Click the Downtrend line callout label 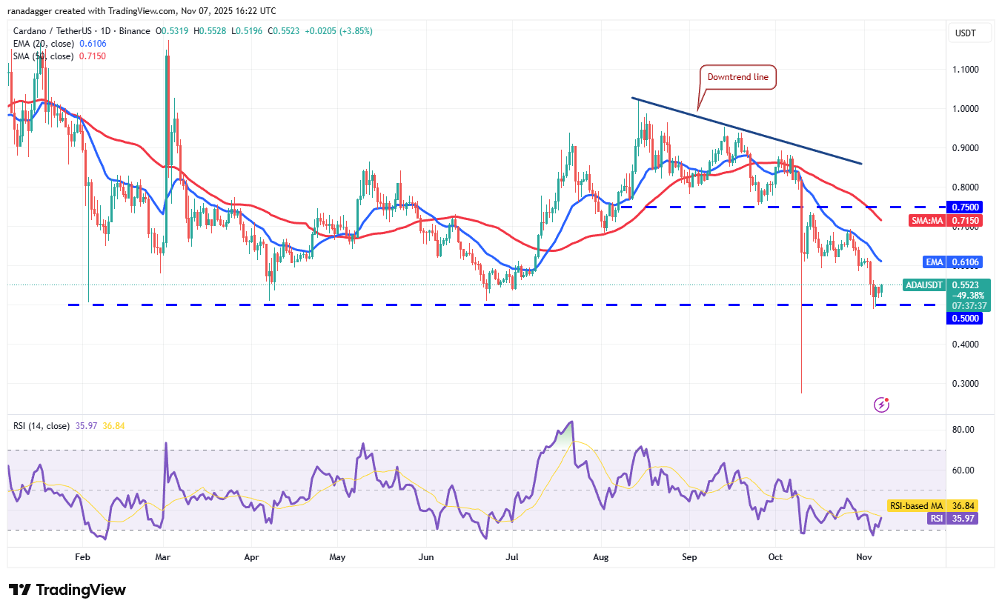(x=737, y=77)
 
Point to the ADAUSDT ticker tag (x=924, y=285)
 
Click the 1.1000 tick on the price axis (x=965, y=70)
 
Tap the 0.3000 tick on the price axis (x=965, y=384)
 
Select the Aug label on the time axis (x=601, y=556)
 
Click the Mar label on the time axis (x=164, y=556)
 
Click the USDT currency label (x=965, y=33)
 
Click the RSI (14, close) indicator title (x=42, y=426)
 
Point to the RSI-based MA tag (x=915, y=505)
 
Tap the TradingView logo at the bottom (x=67, y=590)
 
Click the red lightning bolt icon (x=881, y=405)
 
